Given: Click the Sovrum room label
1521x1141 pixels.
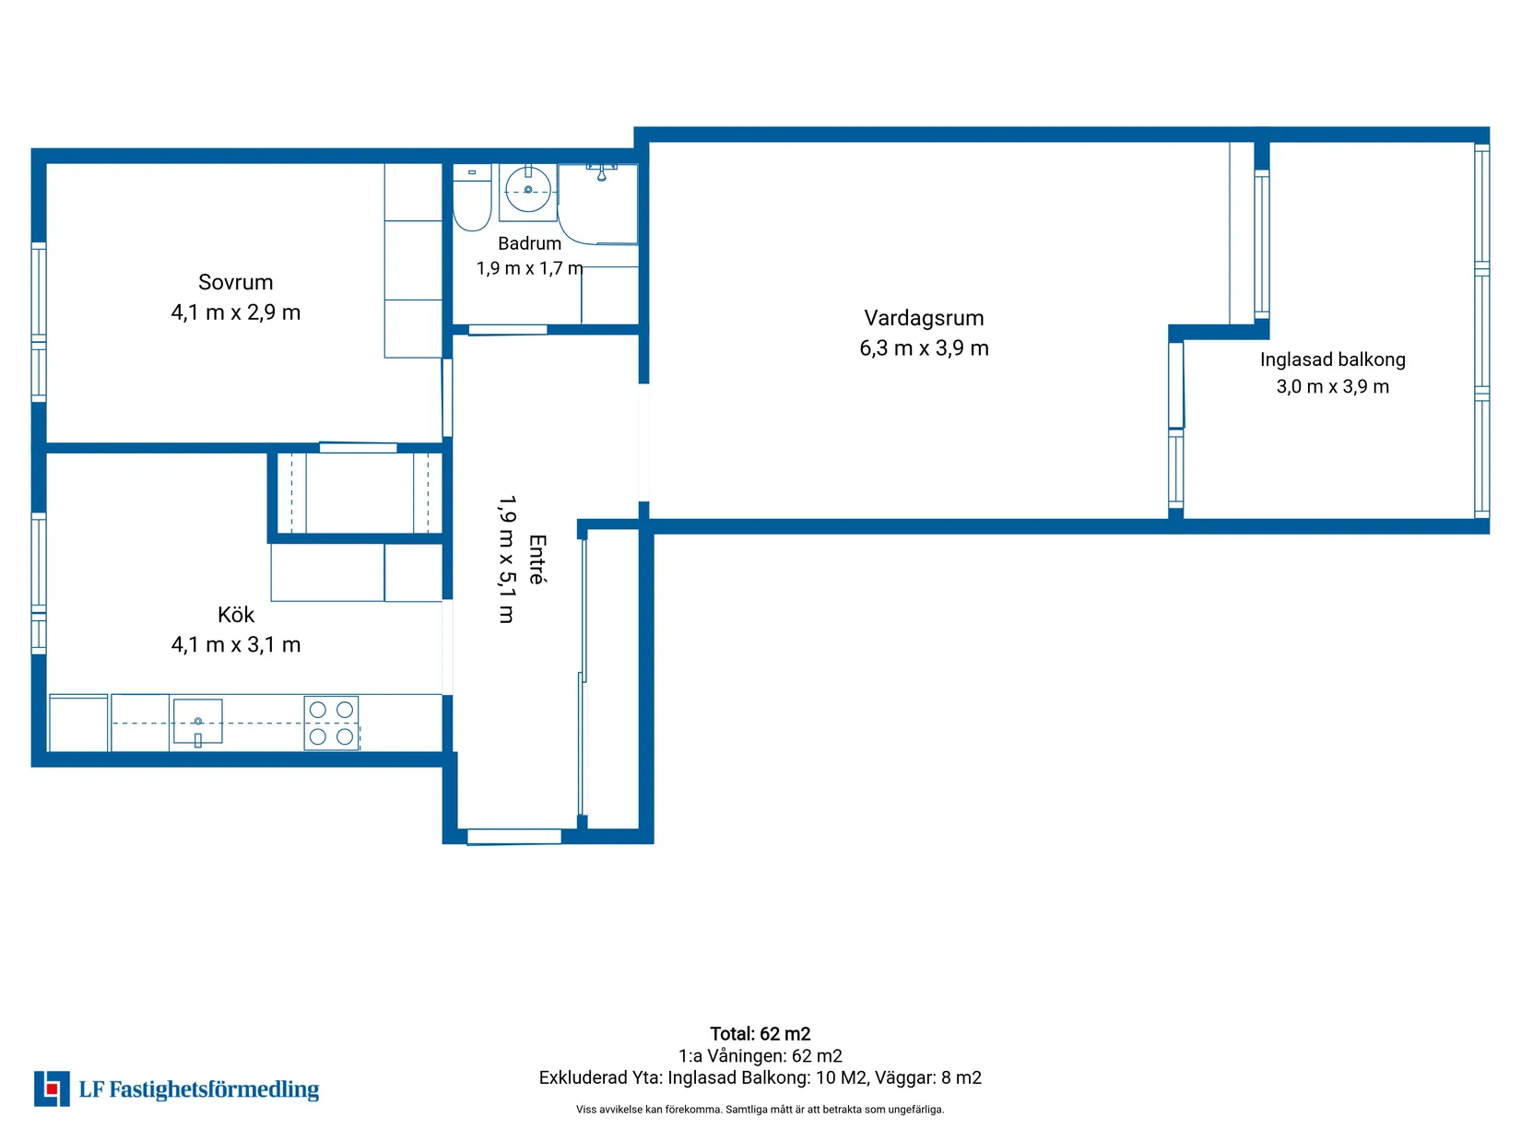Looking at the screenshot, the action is [236, 283].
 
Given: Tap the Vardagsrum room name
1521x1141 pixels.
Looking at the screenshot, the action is [924, 318].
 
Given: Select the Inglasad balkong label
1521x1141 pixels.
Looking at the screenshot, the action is [1333, 360].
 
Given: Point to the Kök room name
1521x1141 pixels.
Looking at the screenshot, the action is [236, 615].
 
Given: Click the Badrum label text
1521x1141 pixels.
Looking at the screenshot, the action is [529, 244].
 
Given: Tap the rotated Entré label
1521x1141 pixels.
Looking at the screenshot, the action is [537, 559].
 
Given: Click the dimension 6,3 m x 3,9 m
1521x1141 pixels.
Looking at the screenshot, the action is [924, 348].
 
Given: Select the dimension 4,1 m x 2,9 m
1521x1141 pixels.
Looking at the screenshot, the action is [236, 313].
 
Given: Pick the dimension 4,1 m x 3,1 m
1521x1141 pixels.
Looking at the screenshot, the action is [236, 645].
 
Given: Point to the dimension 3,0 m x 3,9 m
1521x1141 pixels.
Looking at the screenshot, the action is [1333, 386].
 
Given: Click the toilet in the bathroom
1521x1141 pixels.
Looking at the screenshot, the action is [472, 197].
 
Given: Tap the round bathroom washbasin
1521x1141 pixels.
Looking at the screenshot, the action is [528, 190].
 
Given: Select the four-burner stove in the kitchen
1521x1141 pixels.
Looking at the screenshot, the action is [331, 723].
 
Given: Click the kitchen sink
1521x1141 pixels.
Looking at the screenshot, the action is [197, 722].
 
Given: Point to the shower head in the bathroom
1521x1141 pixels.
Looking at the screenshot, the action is [601, 174].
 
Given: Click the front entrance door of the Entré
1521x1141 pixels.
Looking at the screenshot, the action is [514, 837].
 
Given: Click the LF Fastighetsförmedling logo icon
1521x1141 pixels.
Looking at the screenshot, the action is [52, 1089].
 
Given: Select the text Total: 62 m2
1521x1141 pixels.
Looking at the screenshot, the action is [760, 1034].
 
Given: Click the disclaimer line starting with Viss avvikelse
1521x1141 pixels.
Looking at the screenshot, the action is [760, 1110].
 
